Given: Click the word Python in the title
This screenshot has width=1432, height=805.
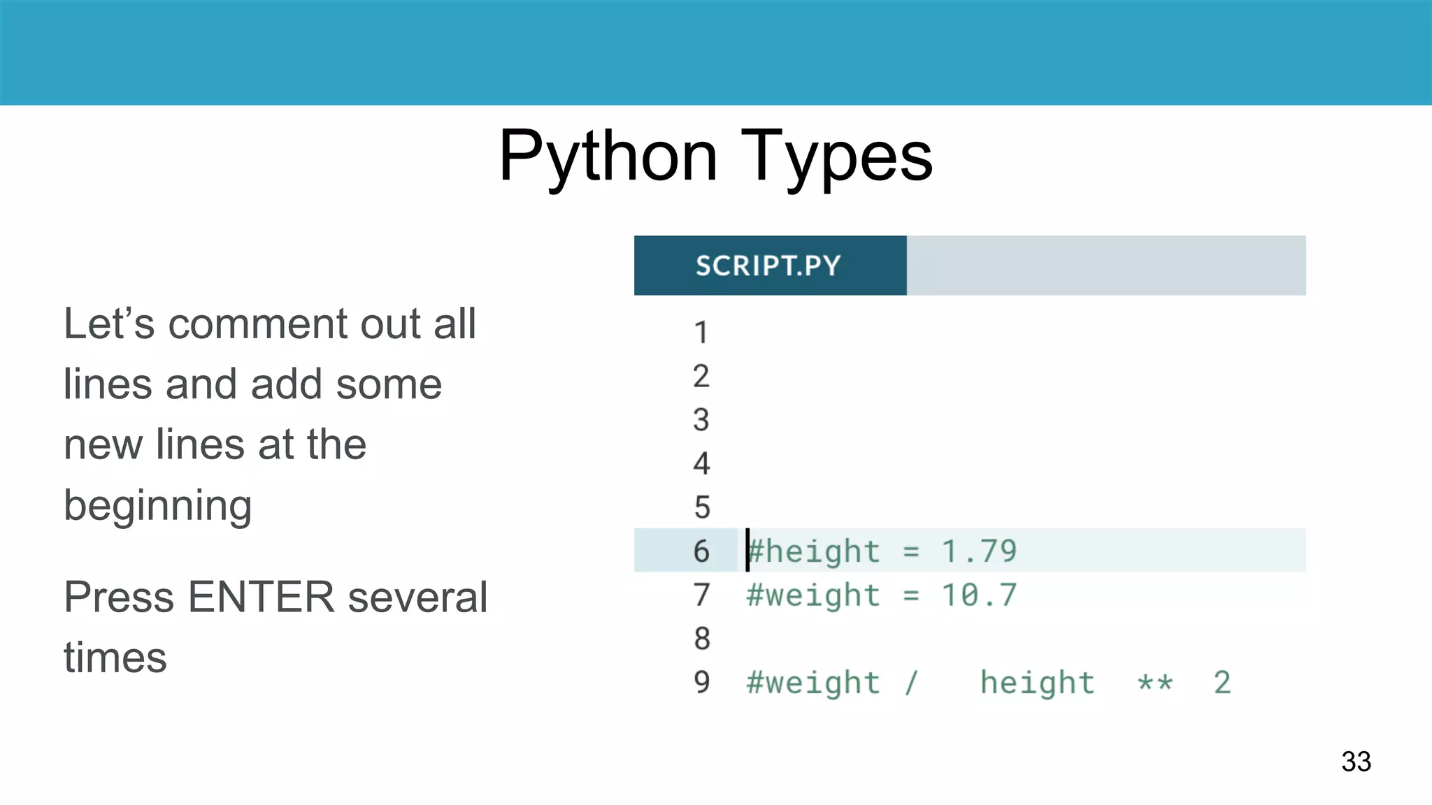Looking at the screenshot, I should tap(608, 157).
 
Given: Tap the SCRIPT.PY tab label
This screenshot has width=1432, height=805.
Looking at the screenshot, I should tap(768, 266).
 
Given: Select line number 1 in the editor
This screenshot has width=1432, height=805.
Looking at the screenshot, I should tap(701, 333).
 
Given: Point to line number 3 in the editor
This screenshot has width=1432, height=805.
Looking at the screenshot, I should tap(701, 420).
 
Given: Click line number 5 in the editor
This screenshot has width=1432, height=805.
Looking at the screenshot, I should tap(701, 507).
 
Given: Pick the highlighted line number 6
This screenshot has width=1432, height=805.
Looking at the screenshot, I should tap(701, 551).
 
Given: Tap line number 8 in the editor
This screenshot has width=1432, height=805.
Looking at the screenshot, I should tap(701, 639).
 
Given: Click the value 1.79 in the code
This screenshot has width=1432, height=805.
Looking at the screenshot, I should tap(979, 551).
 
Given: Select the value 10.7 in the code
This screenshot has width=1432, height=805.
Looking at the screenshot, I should tap(979, 595).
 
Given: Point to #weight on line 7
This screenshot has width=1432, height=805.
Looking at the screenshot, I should tap(812, 595).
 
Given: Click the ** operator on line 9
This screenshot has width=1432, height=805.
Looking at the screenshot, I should tap(1154, 683).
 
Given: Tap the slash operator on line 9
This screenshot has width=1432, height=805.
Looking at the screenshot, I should tap(910, 683).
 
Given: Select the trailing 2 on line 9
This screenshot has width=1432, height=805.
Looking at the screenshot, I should tap(1222, 683).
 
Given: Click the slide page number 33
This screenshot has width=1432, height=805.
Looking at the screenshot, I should tap(1356, 761).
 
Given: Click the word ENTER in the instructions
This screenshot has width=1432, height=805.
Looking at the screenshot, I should tap(261, 597).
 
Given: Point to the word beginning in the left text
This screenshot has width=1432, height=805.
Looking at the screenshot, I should tap(157, 505).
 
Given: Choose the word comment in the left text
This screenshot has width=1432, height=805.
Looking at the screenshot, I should tap(257, 324).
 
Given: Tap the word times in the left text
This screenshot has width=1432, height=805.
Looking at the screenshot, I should tap(115, 658).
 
